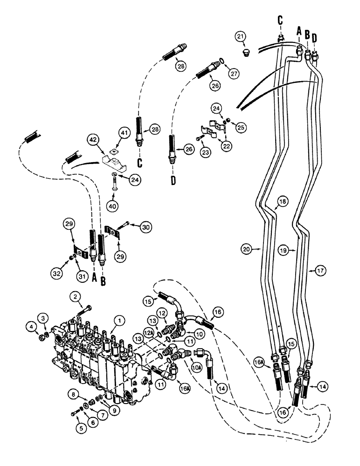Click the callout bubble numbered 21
[x=240, y=37]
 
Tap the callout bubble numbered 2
[x=75, y=296]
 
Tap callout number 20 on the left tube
[x=248, y=249]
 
